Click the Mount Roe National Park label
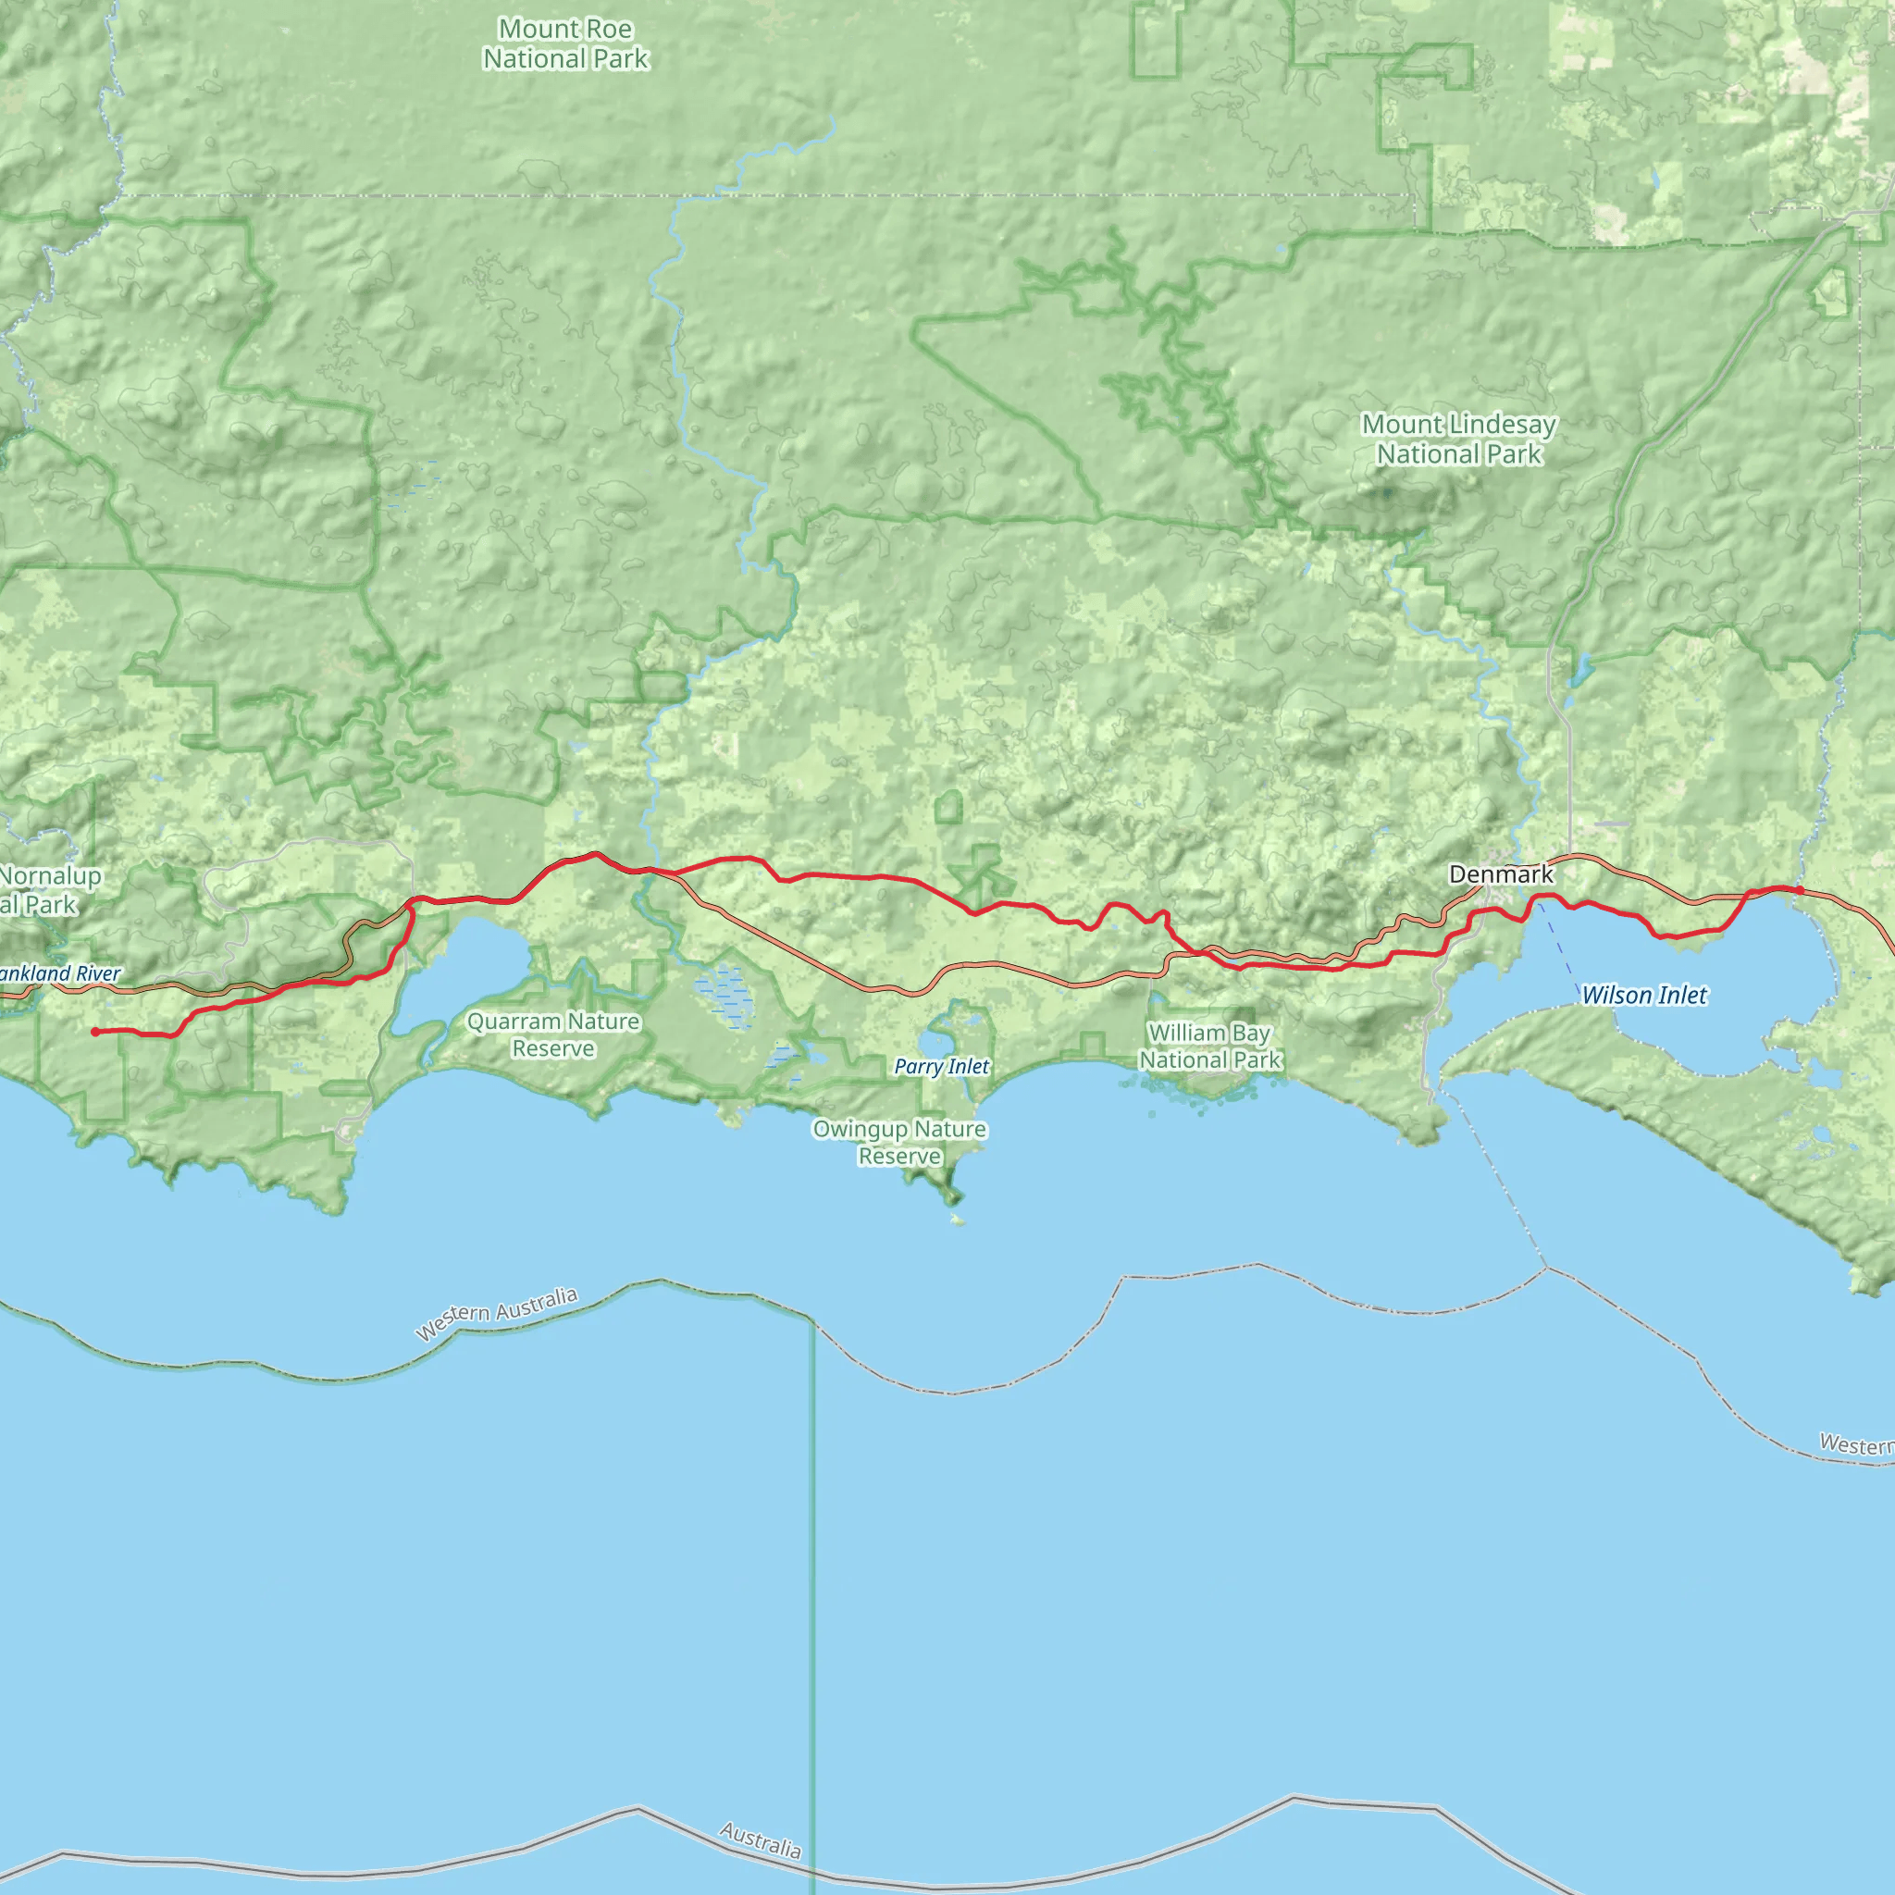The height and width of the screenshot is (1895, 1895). pos(565,44)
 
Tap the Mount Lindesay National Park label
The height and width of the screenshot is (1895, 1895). pos(1458,440)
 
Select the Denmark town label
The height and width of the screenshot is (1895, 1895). pos(1501,873)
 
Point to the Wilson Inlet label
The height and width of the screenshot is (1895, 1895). pos(1644,996)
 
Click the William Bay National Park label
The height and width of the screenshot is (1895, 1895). pos(1209,1047)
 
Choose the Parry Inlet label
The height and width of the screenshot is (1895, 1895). pos(942,1067)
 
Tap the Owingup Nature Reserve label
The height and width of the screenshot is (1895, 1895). pos(899,1143)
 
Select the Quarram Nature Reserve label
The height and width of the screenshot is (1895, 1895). pos(553,1034)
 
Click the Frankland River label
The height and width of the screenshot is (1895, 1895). pos(61,974)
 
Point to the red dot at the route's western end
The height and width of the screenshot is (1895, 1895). pos(95,1032)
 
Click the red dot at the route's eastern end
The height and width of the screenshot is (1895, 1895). pos(1799,889)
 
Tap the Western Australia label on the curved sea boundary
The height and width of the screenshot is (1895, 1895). pos(496,1313)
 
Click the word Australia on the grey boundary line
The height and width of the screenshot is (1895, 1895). pos(761,1840)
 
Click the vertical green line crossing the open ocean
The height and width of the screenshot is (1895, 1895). pos(812,1569)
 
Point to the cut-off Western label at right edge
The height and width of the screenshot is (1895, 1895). pos(1856,1443)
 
